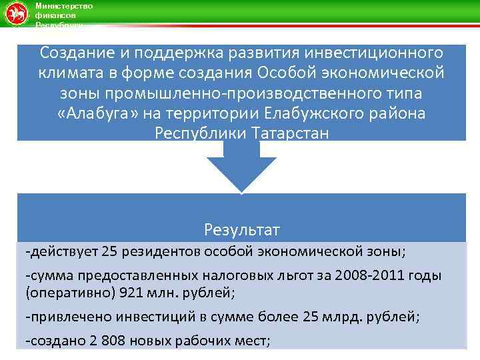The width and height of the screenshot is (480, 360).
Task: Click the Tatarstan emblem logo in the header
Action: click(x=15, y=14)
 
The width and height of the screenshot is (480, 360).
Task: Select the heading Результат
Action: click(x=242, y=230)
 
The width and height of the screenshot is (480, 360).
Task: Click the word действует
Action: click(x=65, y=252)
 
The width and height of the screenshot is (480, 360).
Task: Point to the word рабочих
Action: click(x=200, y=341)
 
